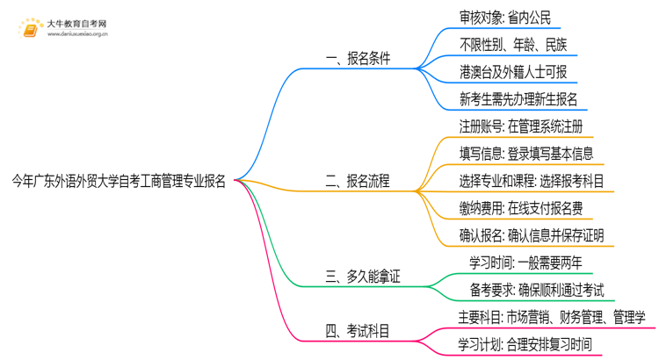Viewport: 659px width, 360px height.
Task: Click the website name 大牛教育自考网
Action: coord(77,24)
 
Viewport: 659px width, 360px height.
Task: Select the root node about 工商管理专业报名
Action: coord(119,182)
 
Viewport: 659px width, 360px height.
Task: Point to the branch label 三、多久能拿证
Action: coord(362,277)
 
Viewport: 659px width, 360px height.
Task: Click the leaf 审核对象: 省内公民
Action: coord(504,18)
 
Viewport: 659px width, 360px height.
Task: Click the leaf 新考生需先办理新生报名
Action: coord(518,99)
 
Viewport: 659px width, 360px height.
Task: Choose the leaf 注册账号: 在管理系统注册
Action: coord(520,126)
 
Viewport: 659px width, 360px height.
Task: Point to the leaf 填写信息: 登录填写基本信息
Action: coord(525,154)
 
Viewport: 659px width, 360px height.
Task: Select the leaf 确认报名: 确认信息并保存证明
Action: coord(531,235)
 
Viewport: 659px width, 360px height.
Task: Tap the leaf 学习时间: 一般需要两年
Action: coord(525,263)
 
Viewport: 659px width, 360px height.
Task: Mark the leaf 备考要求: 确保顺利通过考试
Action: coord(537,290)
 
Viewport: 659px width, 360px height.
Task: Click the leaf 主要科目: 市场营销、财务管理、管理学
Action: coord(552,317)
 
